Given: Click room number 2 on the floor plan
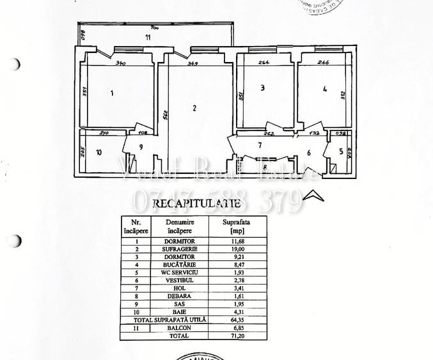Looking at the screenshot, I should [194, 108].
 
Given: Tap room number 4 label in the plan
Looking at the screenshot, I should [325, 90].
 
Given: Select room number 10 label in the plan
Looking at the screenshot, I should [98, 152].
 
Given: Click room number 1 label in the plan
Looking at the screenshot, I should [111, 93].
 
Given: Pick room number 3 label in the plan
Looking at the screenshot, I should [262, 88].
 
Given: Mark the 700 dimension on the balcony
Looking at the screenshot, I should [154, 28].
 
